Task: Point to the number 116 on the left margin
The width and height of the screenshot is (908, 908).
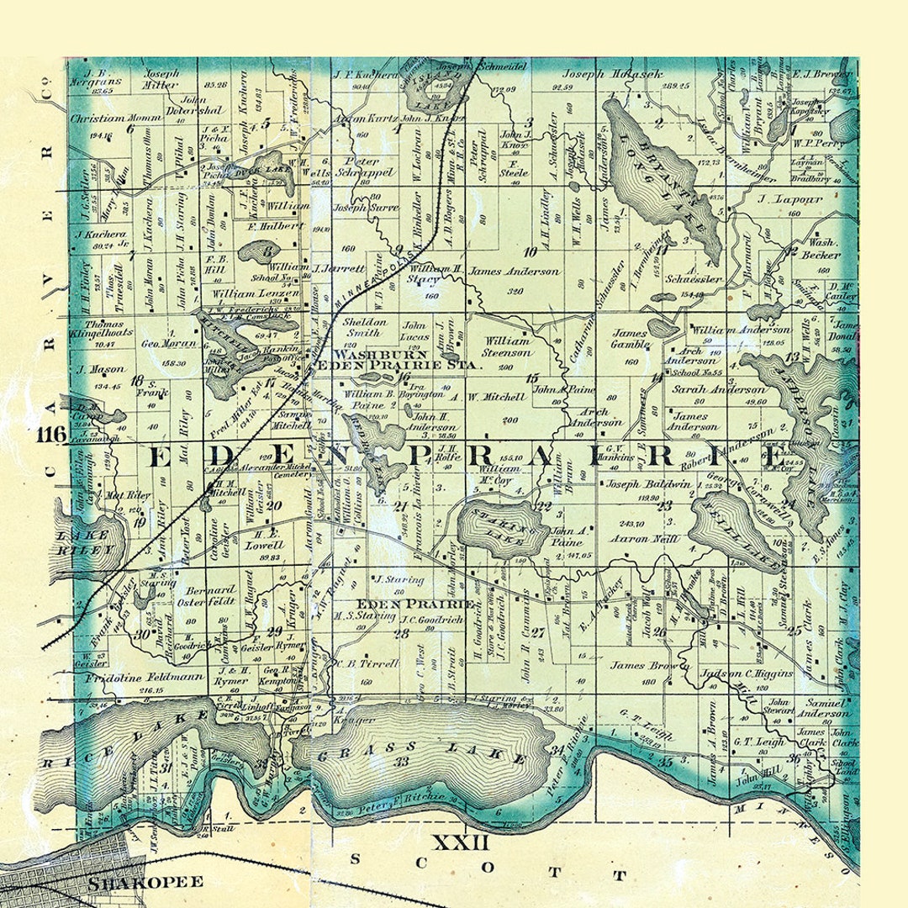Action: tap(52, 435)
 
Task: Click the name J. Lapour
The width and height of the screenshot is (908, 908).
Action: tap(777, 200)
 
